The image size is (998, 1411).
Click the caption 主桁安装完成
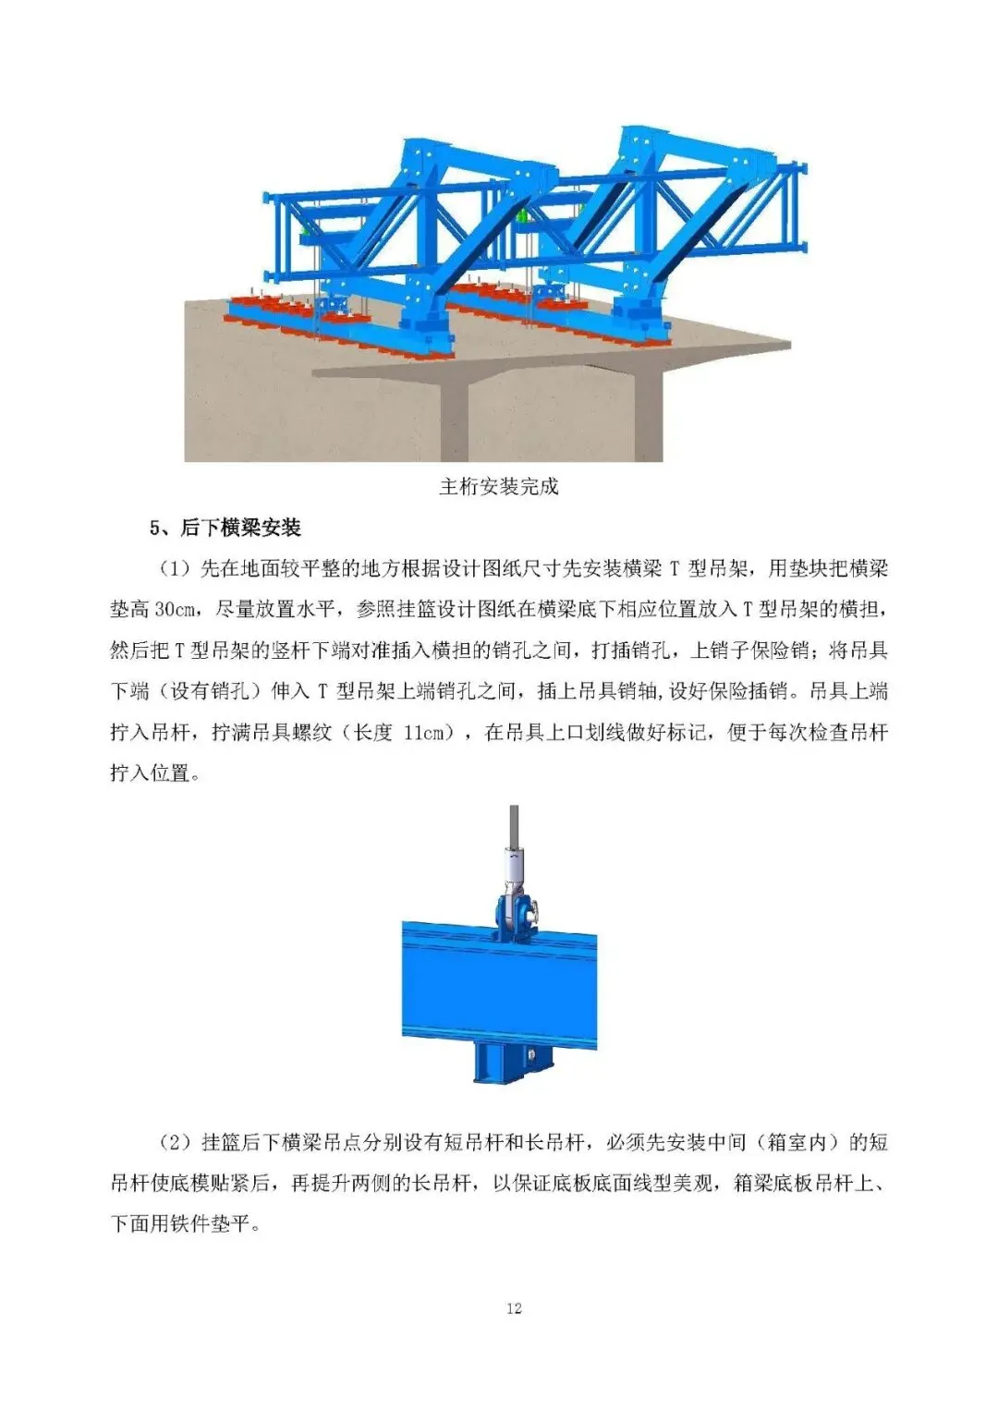tap(498, 486)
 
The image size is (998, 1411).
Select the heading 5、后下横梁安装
tap(225, 528)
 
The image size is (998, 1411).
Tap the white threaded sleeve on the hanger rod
tap(514, 870)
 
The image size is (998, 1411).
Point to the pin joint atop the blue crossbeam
tap(515, 913)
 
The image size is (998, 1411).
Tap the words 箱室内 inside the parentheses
tap(797, 1142)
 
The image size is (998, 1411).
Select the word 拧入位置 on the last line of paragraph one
tap(150, 773)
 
